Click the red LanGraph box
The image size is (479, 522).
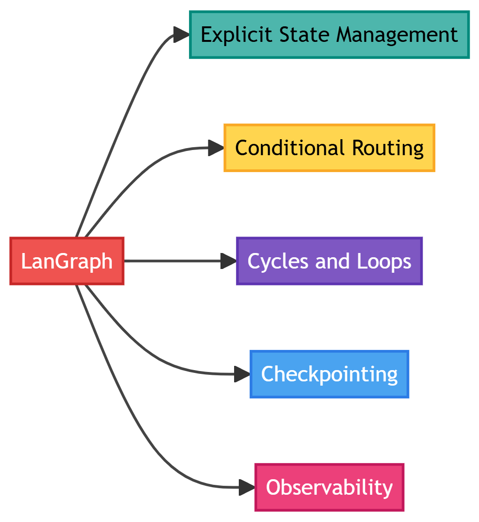coord(67,261)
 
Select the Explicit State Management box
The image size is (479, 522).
coord(329,35)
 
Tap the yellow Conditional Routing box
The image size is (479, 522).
coord(329,148)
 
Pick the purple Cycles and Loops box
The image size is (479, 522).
coord(329,261)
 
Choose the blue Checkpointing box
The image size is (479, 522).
coord(329,374)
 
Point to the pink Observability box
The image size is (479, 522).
coord(329,487)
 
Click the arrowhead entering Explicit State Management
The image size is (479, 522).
coord(181,35)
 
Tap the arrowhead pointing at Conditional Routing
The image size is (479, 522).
coord(216,148)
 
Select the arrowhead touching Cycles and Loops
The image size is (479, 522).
coord(229,261)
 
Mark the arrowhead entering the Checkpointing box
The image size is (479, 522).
coord(243,374)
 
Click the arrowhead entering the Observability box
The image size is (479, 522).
coord(247,487)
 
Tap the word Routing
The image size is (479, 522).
coord(387,148)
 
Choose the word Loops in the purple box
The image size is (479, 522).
coord(384,261)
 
